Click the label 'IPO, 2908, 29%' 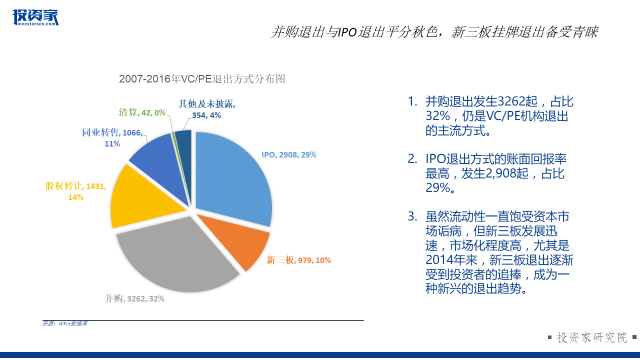pos(289,155)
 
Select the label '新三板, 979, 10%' pos(298,260)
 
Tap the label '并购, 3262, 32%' pos(134,298)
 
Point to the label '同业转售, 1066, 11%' pos(112,137)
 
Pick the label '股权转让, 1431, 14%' pos(75,191)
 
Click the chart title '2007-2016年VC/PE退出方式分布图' pos(202,79)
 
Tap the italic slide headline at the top pos(434,32)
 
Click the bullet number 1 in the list pos(412,102)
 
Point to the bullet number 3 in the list pos(412,217)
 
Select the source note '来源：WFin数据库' pos(65,324)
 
